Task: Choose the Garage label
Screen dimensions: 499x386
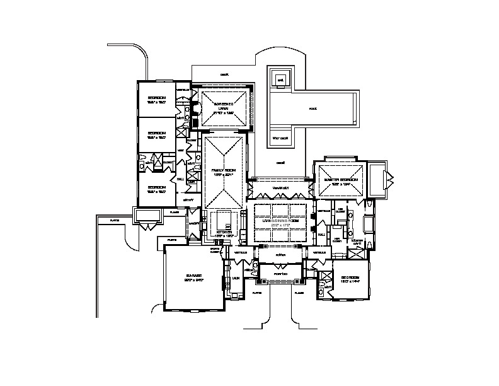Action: pyautogui.click(x=193, y=278)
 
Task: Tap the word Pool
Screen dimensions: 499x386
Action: pyautogui.click(x=313, y=108)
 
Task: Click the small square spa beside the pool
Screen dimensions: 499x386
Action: pyautogui.click(x=280, y=80)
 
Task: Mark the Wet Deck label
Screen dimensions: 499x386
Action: pyautogui.click(x=280, y=137)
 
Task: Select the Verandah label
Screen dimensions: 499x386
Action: pyautogui.click(x=280, y=188)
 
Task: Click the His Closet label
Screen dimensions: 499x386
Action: pyautogui.click(x=340, y=210)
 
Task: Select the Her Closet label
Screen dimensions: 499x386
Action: pyautogui.click(x=338, y=240)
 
